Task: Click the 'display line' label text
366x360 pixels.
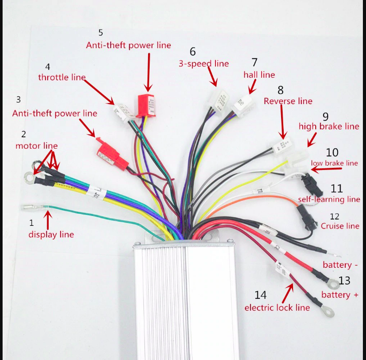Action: tap(51, 235)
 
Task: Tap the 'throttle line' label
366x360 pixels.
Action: tap(62, 77)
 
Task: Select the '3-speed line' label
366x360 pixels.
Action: tap(203, 64)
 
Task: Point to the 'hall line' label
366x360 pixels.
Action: tap(259, 75)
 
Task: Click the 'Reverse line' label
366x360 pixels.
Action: tap(288, 101)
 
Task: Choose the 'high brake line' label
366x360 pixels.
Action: tap(328, 126)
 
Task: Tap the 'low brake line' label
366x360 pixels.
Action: tap(334, 163)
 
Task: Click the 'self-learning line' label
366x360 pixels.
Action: tap(329, 199)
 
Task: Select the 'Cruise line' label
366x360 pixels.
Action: tap(340, 226)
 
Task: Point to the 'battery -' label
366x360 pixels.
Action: tap(340, 265)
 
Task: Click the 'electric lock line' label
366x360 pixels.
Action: tap(277, 308)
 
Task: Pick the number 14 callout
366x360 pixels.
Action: tap(260, 295)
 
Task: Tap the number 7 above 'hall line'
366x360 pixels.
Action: tap(254, 62)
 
